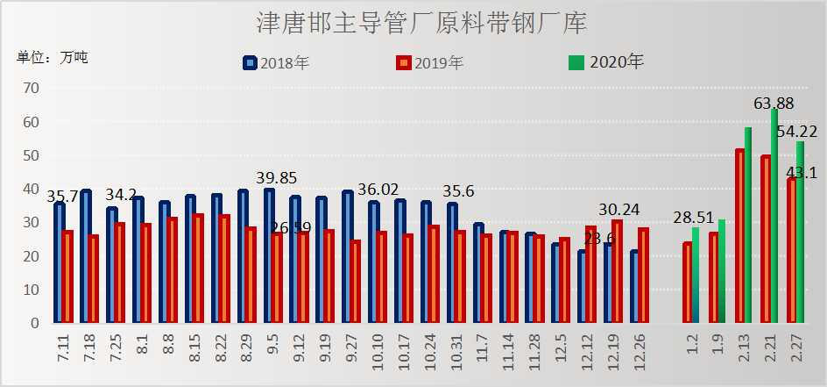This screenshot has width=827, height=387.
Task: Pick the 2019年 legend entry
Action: pos(429,62)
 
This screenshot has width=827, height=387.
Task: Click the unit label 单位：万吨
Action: pos(53,58)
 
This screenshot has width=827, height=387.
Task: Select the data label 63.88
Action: pos(774,104)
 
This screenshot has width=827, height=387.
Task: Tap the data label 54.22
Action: pos(797,132)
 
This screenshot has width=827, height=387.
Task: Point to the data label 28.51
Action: pos(694,217)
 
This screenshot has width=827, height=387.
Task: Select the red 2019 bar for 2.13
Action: pos(740,237)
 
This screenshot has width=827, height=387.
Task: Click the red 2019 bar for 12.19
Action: pos(617,271)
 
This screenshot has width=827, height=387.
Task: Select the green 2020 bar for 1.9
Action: pos(721,271)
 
